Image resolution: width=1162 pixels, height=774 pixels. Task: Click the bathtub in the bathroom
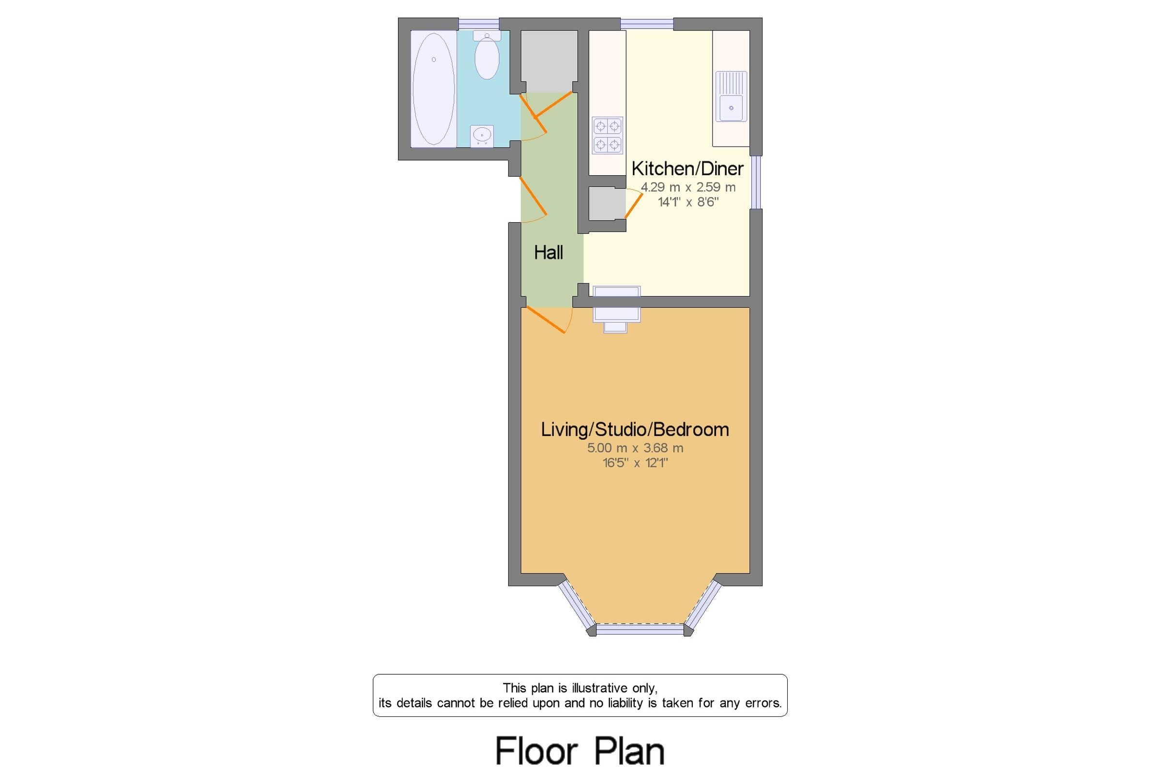(x=433, y=89)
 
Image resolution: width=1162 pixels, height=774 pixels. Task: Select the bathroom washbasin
(x=482, y=135)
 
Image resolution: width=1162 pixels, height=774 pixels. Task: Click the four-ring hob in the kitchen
(x=607, y=135)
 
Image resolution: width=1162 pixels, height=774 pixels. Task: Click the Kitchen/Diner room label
(x=687, y=169)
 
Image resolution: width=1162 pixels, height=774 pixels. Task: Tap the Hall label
(x=548, y=253)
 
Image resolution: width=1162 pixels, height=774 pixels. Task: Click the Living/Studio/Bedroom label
(x=635, y=429)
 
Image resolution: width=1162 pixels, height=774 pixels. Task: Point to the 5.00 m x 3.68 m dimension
(x=635, y=448)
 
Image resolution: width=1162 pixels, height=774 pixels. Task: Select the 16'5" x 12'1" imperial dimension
(x=635, y=463)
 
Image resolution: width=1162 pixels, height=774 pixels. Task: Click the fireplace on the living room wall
(x=616, y=308)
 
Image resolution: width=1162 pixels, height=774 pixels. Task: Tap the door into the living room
(x=546, y=319)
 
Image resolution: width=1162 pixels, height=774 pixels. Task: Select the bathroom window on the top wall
(x=478, y=24)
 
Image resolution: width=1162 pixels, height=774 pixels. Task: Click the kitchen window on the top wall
(x=647, y=24)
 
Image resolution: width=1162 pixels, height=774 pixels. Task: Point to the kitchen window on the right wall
(x=756, y=182)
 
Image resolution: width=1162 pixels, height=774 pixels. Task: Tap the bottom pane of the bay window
(x=640, y=629)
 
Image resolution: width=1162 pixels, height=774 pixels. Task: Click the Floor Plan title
(x=580, y=751)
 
